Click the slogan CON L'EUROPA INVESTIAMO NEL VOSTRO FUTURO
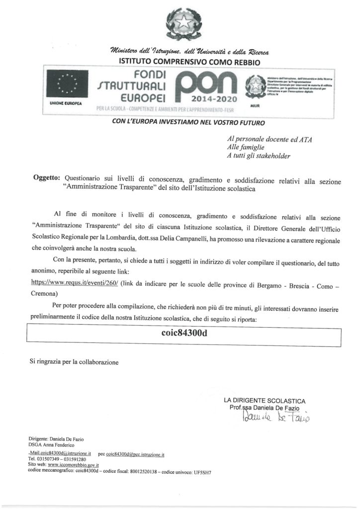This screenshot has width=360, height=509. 180,121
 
